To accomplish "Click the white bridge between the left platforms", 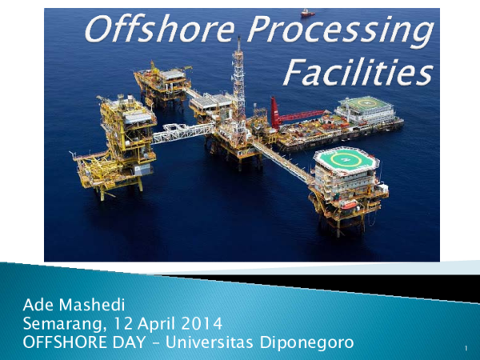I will [x=183, y=132].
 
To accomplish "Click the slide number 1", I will [x=465, y=350].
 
